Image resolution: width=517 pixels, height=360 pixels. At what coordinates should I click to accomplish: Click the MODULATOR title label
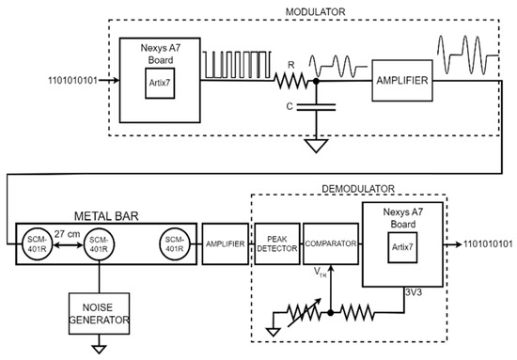(315, 12)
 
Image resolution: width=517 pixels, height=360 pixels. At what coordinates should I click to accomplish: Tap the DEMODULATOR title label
(358, 189)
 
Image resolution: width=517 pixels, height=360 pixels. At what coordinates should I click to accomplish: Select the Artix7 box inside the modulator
(160, 83)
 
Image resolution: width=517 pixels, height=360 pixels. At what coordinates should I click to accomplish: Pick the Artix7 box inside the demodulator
(402, 247)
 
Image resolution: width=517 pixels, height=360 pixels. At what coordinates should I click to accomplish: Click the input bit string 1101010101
(73, 81)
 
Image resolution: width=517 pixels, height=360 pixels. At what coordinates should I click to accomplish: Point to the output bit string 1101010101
(488, 244)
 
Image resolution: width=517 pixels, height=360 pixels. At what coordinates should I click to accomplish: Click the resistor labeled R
(290, 81)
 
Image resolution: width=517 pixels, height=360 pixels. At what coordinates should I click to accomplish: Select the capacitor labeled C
(316, 107)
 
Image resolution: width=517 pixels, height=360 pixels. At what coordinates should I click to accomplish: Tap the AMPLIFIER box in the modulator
(402, 81)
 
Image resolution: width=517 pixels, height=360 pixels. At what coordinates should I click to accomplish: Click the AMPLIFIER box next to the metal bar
(226, 244)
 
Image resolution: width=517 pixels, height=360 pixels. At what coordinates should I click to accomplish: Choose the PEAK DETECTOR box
(277, 244)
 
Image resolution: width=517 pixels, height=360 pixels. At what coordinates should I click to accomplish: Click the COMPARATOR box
(330, 244)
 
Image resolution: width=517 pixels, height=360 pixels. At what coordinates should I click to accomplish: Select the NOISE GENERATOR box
(99, 314)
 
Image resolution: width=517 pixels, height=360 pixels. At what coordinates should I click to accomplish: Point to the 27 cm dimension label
(68, 234)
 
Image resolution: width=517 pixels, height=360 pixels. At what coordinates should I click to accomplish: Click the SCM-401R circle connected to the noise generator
(99, 244)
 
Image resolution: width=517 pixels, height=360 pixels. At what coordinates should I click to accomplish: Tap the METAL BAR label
(106, 216)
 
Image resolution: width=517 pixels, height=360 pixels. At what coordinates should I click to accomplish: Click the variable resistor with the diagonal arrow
(304, 312)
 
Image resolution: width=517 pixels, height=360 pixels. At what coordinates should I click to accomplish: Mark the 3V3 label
(414, 292)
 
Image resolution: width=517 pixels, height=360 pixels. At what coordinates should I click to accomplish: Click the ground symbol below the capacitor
(316, 146)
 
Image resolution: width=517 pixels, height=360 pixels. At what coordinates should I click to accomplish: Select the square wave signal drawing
(237, 65)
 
